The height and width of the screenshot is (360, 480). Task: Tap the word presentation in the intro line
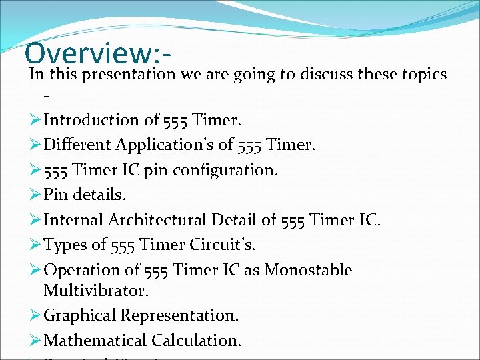pyautogui.click(x=127, y=74)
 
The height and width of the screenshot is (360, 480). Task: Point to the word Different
pyautogui.click(x=77, y=145)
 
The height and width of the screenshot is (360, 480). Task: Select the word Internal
pyautogui.click(x=73, y=220)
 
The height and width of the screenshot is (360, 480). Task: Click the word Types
pyautogui.click(x=65, y=245)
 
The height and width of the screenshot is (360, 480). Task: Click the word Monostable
pyautogui.click(x=308, y=270)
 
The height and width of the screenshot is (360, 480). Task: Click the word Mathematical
pyautogui.click(x=95, y=341)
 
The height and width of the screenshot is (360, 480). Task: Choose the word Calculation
pyautogui.click(x=196, y=341)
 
